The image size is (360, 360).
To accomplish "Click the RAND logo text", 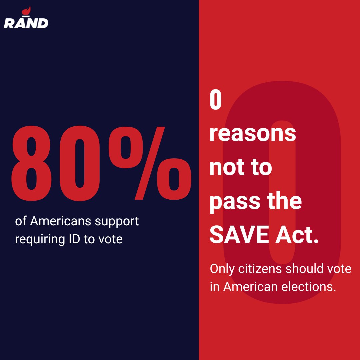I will tap(26, 23).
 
